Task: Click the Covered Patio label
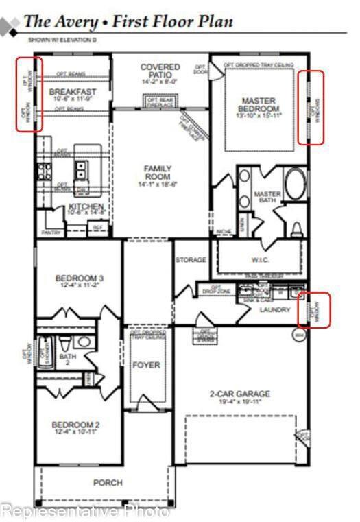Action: [160, 71]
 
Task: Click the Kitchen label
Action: [86, 207]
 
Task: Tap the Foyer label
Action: [146, 365]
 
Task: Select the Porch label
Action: [108, 483]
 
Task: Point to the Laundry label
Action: [275, 310]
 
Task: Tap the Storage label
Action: [191, 260]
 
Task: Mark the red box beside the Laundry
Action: [317, 310]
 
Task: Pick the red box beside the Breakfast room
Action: [29, 94]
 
